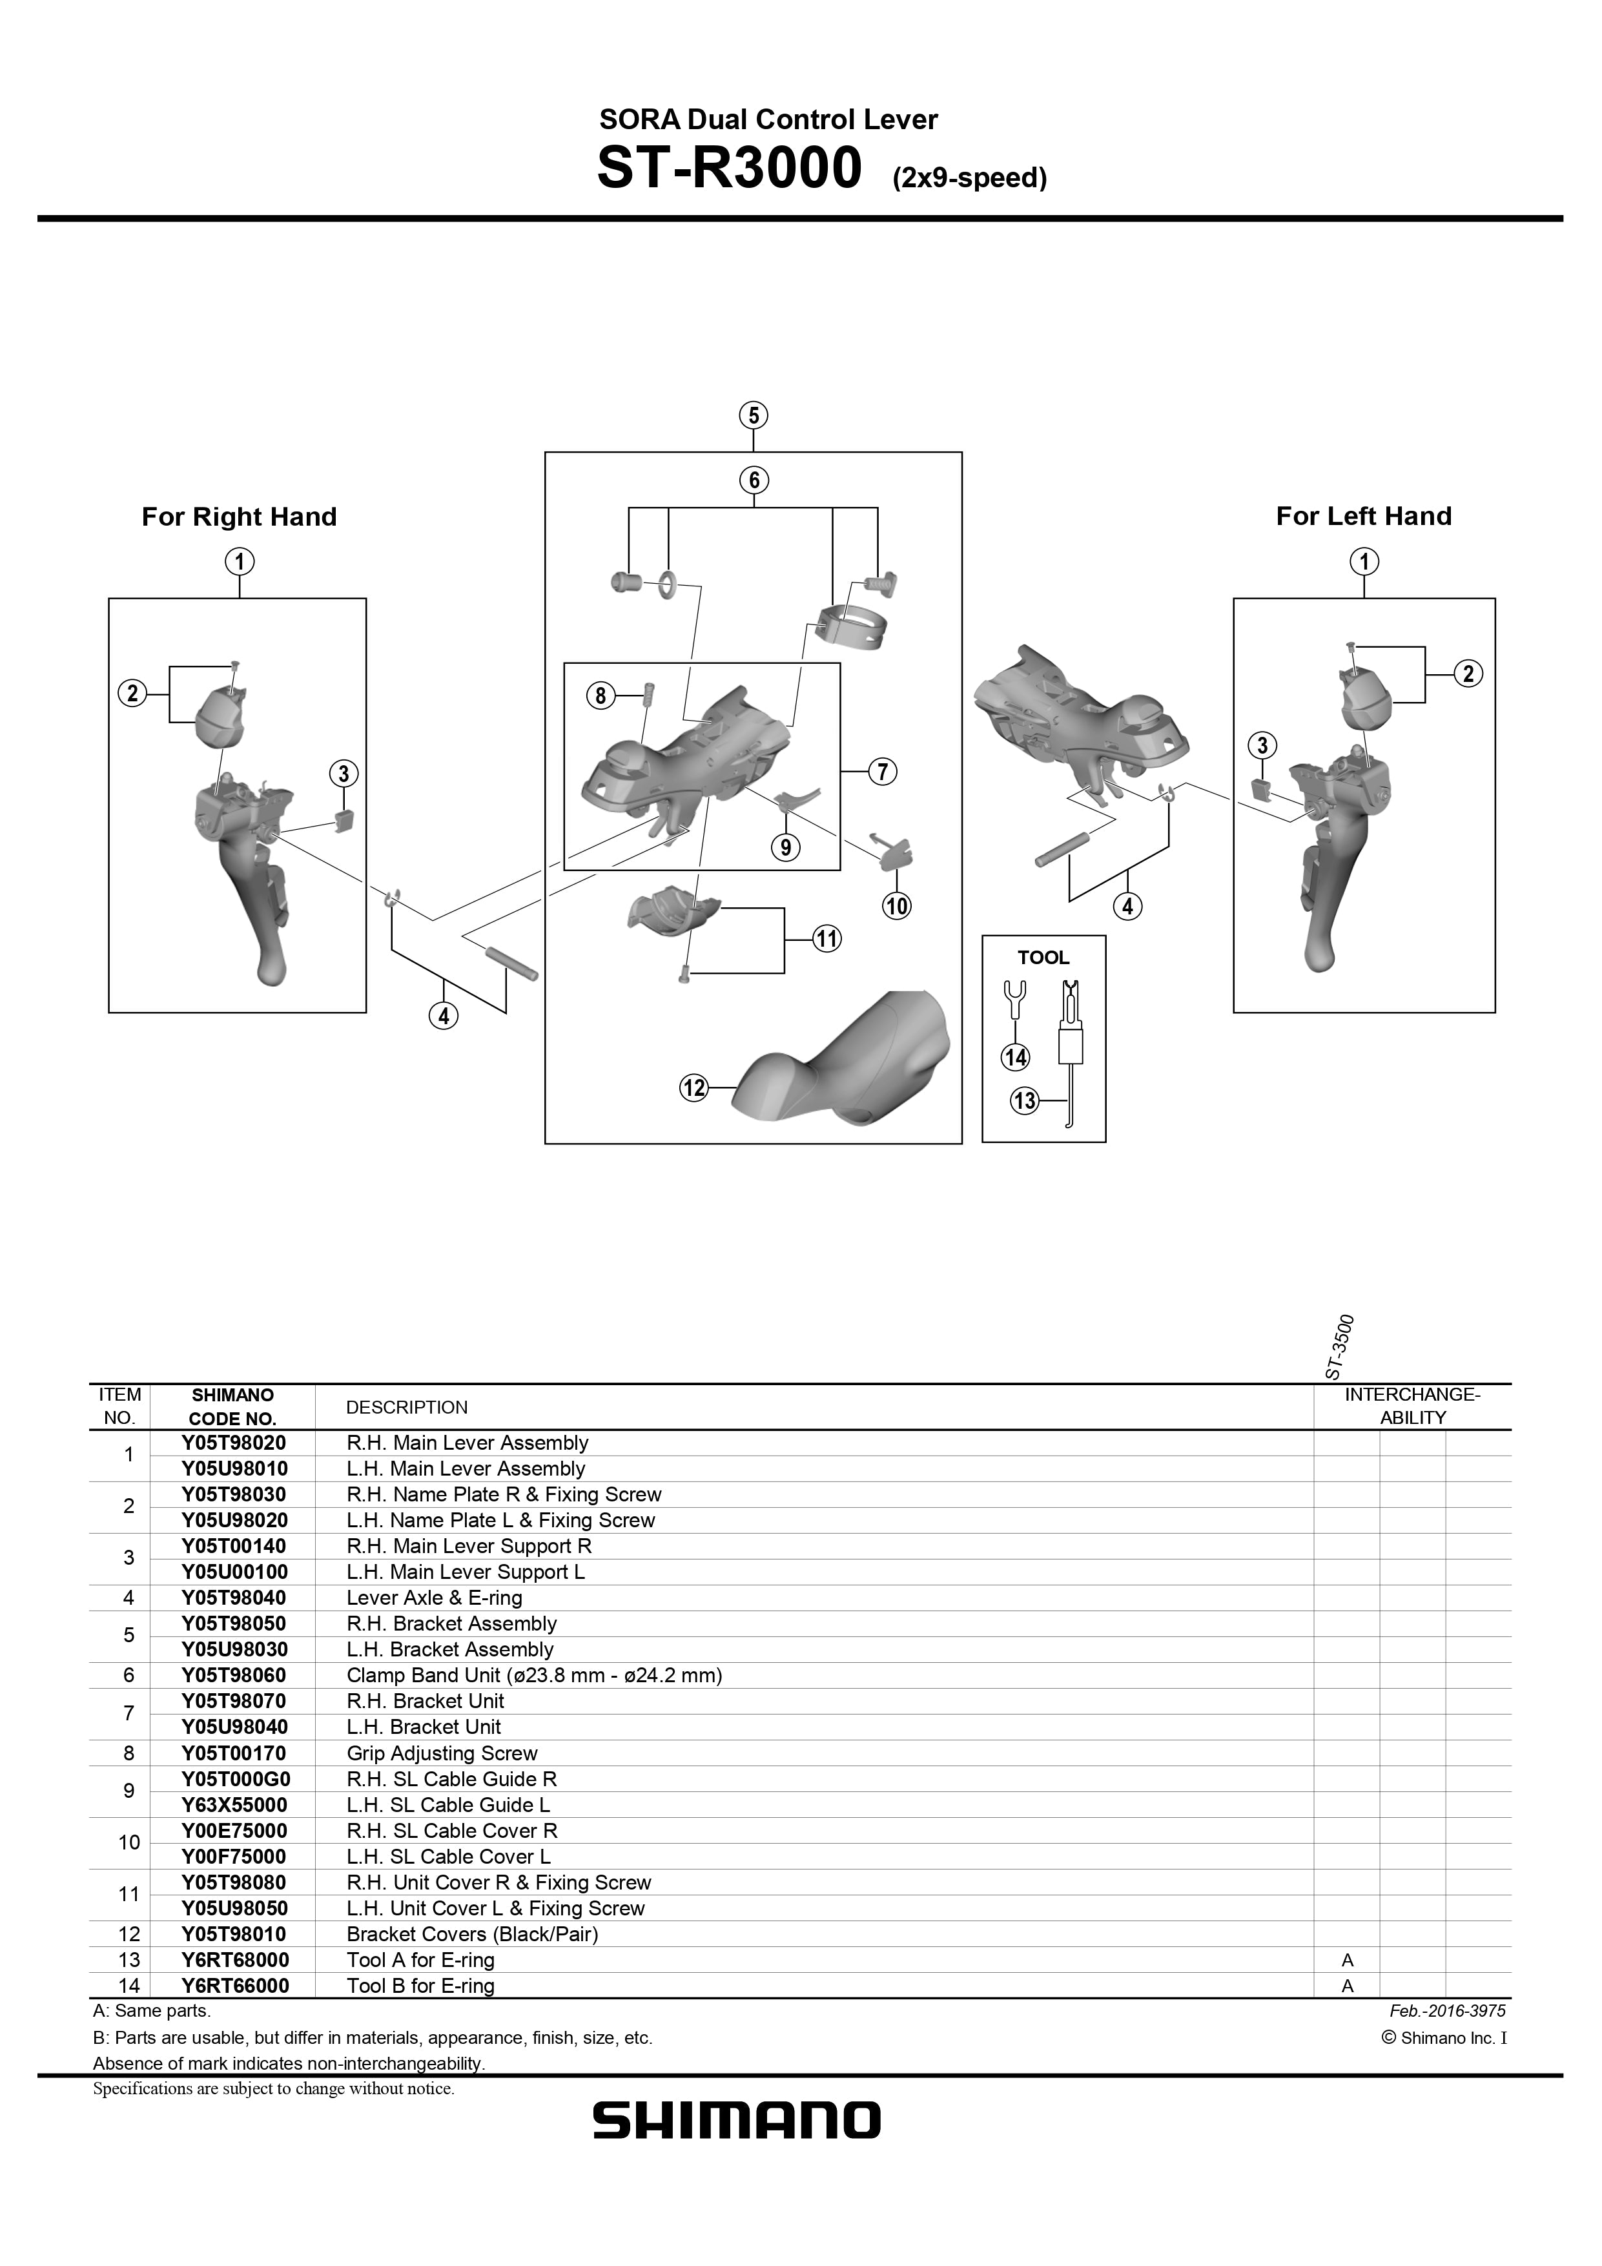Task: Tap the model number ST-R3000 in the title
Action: [730, 169]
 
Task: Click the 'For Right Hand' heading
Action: [239, 517]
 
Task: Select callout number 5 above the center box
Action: [753, 415]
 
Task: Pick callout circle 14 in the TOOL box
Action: [1016, 1058]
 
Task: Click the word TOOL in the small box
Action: [1043, 957]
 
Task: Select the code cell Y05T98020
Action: [234, 1443]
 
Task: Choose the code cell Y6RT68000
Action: [235, 1960]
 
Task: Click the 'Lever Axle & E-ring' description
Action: [435, 1598]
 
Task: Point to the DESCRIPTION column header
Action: [407, 1407]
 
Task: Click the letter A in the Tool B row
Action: [1348, 1986]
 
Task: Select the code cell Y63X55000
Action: [235, 1805]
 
